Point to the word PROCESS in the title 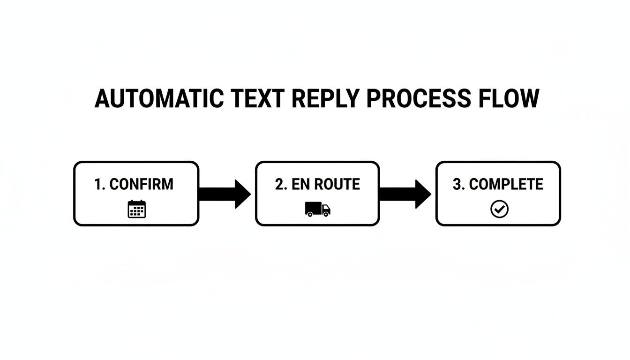pyautogui.click(x=419, y=99)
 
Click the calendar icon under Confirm pyautogui.click(x=137, y=209)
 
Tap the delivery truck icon pyautogui.click(x=317, y=209)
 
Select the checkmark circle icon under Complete pyautogui.click(x=499, y=209)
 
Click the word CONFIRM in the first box pyautogui.click(x=141, y=184)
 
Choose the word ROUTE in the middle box pyautogui.click(x=337, y=184)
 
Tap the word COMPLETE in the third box pyautogui.click(x=506, y=184)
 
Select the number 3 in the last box pyautogui.click(x=457, y=184)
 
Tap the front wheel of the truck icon pyautogui.click(x=325, y=214)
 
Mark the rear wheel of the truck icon pyautogui.click(x=310, y=214)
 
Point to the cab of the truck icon pyautogui.click(x=325, y=208)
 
